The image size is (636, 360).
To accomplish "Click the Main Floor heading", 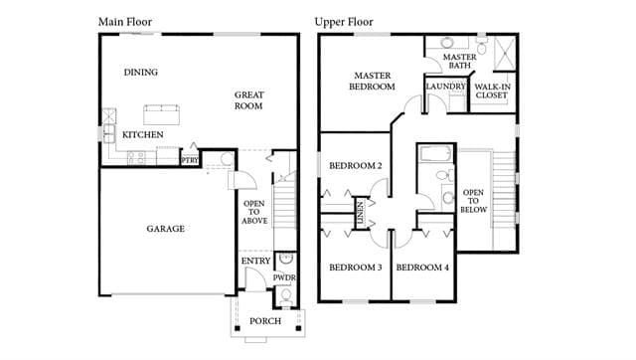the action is point(125,22).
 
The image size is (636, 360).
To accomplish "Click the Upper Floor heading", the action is point(344,22).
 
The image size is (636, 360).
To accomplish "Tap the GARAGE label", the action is point(166,229).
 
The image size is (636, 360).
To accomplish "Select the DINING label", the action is point(141,73).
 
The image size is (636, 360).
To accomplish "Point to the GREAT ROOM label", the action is point(249,100).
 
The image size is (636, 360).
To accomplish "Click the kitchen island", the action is point(161,114).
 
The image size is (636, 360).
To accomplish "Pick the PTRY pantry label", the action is point(190,160).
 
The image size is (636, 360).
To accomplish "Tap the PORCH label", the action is point(265,321).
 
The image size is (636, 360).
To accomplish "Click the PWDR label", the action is point(284,278).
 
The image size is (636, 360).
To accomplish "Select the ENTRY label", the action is point(256,261).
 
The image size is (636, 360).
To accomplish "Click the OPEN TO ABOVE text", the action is point(254,212).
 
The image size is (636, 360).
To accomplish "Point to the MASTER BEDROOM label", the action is point(373,82).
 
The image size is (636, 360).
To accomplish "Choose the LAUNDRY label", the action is point(446,87).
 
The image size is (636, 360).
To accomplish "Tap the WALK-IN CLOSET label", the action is point(492,90).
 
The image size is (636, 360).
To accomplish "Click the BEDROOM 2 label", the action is point(356,166).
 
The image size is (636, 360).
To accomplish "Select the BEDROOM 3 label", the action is point(356,268).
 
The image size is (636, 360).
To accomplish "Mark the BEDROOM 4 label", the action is point(422,268).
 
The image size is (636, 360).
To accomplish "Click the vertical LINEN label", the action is point(360,213).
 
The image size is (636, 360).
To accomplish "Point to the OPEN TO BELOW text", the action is point(473,201).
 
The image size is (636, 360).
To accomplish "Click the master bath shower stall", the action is point(505,54).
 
